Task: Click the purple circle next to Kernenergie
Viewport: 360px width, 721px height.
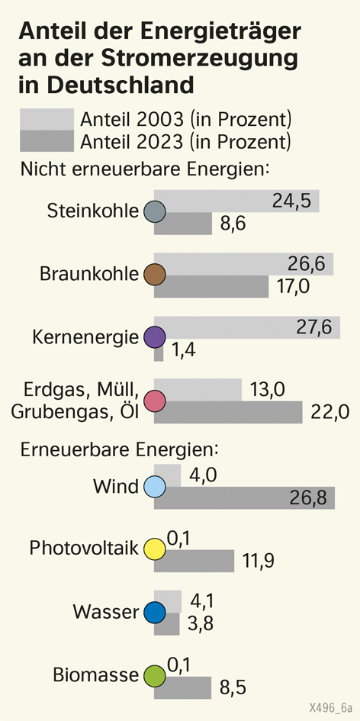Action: pyautogui.click(x=155, y=338)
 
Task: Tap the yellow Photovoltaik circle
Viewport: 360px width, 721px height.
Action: pyautogui.click(x=155, y=549)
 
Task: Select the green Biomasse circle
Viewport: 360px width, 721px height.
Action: pyautogui.click(x=155, y=676)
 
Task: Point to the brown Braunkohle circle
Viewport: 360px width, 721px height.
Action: pyautogui.click(x=155, y=275)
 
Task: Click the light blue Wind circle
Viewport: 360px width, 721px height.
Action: pyautogui.click(x=155, y=487)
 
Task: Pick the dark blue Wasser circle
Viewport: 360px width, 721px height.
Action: pyautogui.click(x=155, y=613)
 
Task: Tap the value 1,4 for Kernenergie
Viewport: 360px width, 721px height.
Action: pyautogui.click(x=184, y=350)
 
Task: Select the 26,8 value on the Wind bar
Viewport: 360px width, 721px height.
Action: pyautogui.click(x=307, y=498)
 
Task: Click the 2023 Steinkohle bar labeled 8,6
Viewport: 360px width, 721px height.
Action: pyautogui.click(x=183, y=224)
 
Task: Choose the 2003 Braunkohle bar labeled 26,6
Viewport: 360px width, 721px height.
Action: pyautogui.click(x=243, y=264)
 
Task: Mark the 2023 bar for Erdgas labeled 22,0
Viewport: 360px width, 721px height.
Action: pyautogui.click(x=228, y=412)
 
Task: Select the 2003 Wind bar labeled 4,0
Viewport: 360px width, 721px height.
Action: pyautogui.click(x=167, y=475)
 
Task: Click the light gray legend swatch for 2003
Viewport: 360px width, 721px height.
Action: pyautogui.click(x=47, y=119)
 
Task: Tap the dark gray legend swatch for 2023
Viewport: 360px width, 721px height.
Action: pyautogui.click(x=47, y=140)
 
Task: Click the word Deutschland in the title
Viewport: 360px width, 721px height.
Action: pyautogui.click(x=106, y=85)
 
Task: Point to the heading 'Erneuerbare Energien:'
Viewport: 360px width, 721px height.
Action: pyautogui.click(x=119, y=449)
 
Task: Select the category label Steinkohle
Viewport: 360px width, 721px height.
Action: pyautogui.click(x=93, y=211)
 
